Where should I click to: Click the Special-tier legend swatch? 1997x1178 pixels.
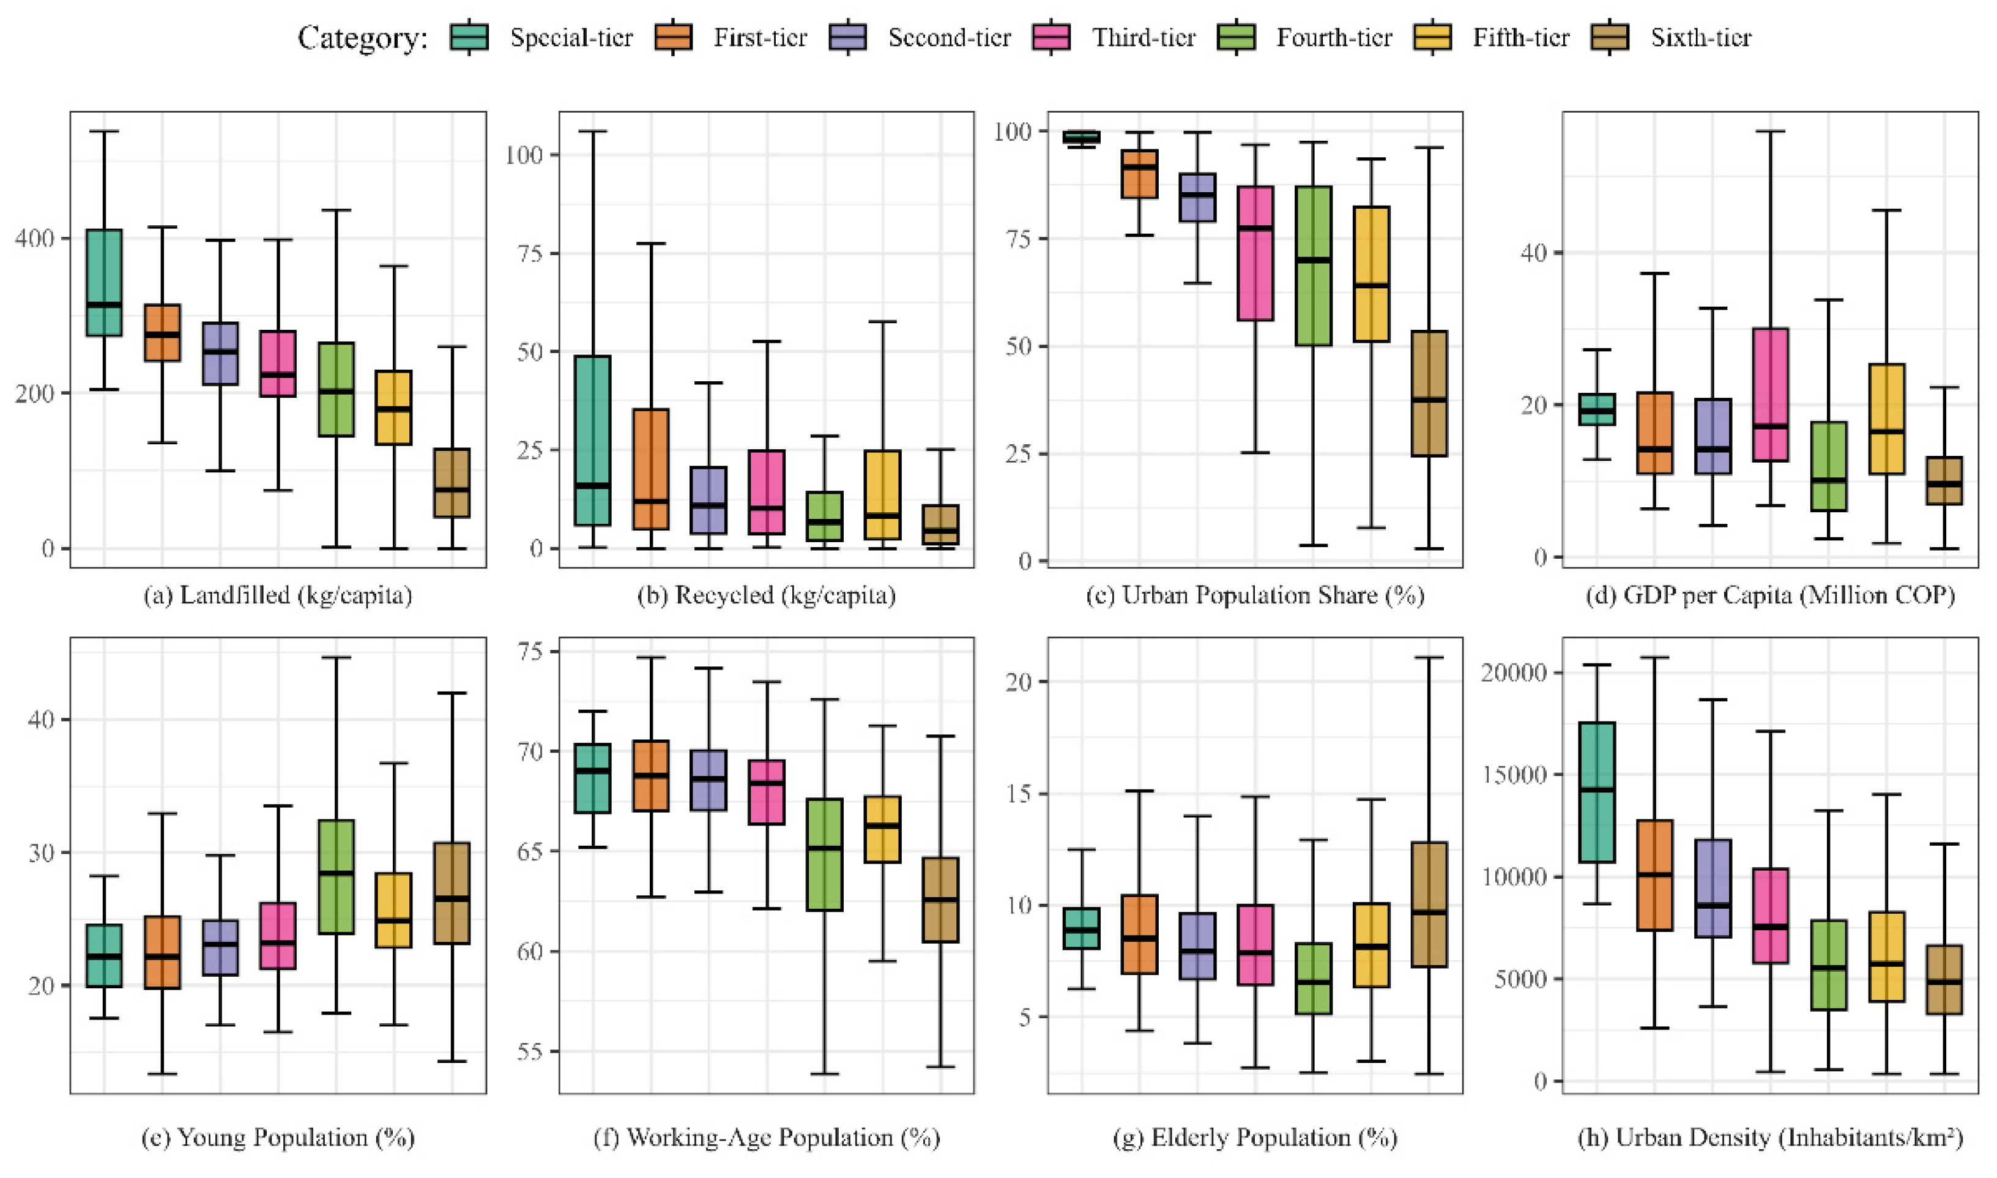[x=469, y=37]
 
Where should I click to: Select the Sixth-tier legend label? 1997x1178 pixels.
[x=1700, y=37]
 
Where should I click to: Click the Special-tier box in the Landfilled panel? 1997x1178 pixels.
[x=104, y=283]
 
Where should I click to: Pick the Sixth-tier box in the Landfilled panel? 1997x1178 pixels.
[x=452, y=483]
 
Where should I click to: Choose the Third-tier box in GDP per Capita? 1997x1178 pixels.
[x=1771, y=395]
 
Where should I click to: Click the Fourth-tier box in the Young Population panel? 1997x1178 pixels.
[x=337, y=877]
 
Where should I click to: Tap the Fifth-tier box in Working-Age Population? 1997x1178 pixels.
[x=883, y=830]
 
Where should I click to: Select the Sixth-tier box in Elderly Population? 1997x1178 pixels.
[x=1429, y=904]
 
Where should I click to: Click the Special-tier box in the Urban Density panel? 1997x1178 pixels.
[x=1597, y=792]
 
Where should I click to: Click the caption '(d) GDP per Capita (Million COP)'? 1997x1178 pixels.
[x=1770, y=596]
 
